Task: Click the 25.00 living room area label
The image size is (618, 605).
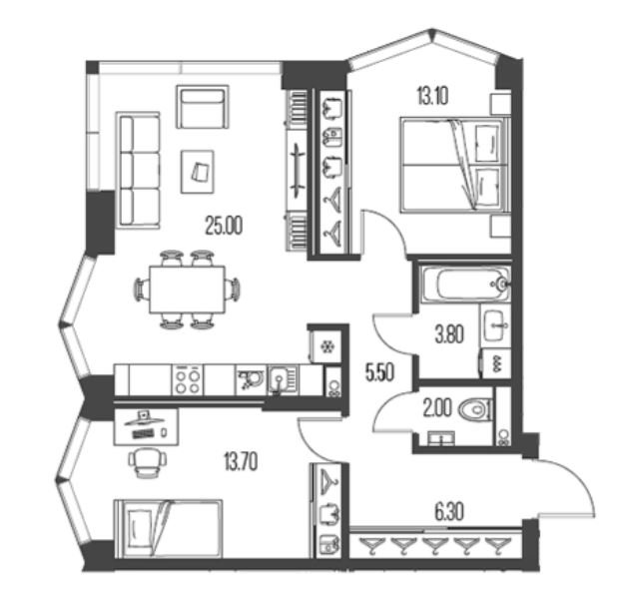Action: click(224, 227)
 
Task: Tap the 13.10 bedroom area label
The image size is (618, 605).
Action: click(432, 96)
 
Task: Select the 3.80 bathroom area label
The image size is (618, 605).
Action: click(449, 334)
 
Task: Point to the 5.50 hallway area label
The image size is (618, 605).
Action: click(379, 372)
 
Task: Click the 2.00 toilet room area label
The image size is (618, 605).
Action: click(437, 408)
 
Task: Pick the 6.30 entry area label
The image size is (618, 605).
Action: click(449, 512)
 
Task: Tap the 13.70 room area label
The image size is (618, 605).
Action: click(241, 462)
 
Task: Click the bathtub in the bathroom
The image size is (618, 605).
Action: click(465, 284)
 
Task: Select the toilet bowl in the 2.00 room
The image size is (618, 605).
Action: click(475, 410)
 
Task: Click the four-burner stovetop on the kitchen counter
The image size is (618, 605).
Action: click(188, 379)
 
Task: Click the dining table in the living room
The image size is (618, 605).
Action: click(187, 290)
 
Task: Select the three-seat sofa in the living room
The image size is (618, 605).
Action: click(138, 171)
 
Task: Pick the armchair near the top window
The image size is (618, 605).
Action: click(203, 107)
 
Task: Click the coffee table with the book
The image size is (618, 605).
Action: click(198, 172)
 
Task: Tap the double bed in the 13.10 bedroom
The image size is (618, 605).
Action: click(455, 165)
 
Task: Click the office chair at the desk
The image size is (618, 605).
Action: click(148, 462)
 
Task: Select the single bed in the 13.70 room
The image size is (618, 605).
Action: click(169, 529)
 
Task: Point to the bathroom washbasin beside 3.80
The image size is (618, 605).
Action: click(495, 325)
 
